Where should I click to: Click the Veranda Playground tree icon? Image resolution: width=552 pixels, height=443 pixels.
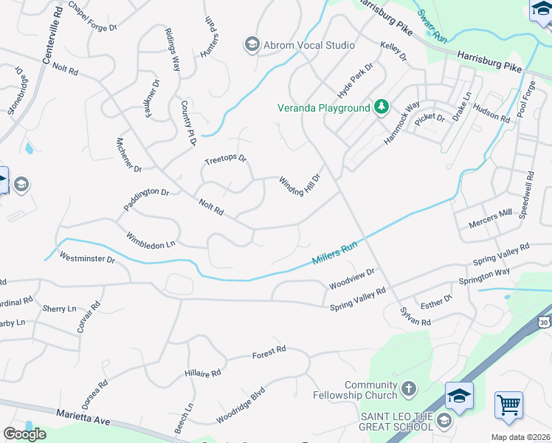tap(381, 108)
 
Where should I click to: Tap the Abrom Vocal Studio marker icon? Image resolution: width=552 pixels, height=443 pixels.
tap(252, 45)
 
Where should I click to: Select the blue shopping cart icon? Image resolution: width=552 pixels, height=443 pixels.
tap(508, 405)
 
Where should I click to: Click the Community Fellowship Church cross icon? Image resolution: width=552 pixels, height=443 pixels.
tap(409, 389)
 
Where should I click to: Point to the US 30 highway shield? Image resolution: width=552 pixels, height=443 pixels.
tap(544, 322)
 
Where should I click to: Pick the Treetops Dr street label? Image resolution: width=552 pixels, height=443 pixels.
tap(225, 159)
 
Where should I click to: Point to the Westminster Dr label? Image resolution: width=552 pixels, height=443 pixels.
tap(88, 259)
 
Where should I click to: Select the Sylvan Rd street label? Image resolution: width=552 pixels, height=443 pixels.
tap(415, 316)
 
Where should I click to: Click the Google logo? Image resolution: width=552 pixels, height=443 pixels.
tap(24, 434)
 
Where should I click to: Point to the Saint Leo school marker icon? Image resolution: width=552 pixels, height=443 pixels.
tap(444, 420)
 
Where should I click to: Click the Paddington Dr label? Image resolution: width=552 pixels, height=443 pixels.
tap(146, 200)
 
